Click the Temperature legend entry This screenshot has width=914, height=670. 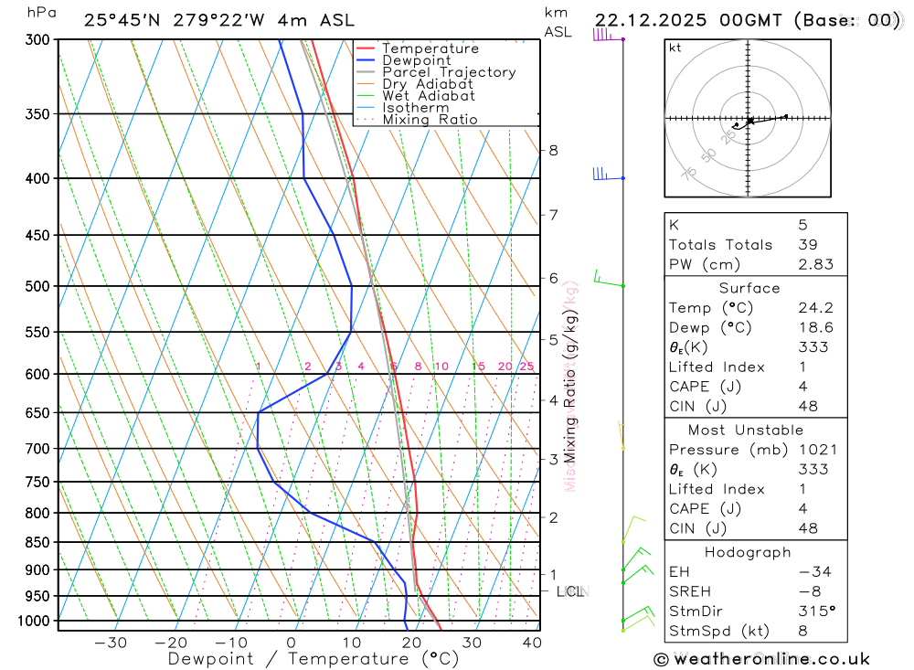[430, 48]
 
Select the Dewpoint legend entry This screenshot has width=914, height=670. [416, 60]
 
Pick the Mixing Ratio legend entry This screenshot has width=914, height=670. [430, 119]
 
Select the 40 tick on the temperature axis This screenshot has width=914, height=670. [531, 643]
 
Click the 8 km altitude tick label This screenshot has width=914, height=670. [553, 150]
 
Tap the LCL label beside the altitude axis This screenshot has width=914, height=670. [570, 591]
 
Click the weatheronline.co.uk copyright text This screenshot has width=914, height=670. [761, 658]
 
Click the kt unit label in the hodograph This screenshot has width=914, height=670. [675, 48]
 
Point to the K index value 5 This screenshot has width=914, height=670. [802, 224]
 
